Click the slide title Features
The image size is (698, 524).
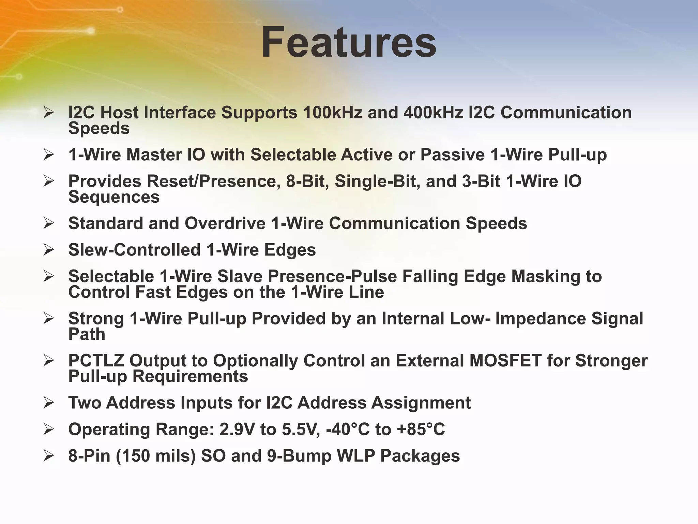click(349, 43)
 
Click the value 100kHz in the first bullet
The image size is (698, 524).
click(332, 113)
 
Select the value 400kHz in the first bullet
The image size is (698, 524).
click(433, 113)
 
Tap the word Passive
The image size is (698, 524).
click(452, 155)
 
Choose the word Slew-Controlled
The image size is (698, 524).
click(134, 250)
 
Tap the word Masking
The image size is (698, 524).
click(545, 276)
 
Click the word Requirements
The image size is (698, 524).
click(190, 376)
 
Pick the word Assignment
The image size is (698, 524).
click(421, 403)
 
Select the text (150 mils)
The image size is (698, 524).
click(156, 456)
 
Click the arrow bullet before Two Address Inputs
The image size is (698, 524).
click(49, 403)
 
